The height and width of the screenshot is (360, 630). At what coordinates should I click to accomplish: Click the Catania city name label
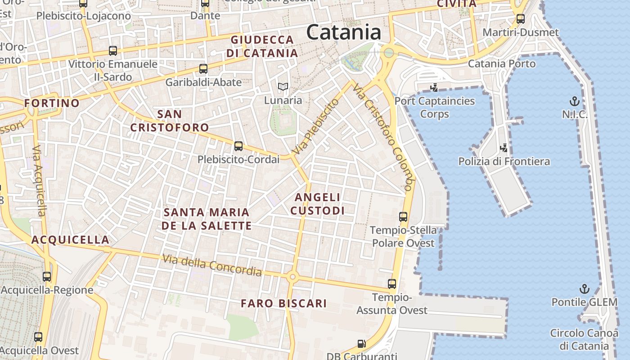click(344, 32)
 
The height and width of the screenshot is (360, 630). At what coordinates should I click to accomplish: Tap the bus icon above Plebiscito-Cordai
click(238, 146)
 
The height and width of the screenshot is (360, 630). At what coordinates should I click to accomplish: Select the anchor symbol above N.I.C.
click(574, 101)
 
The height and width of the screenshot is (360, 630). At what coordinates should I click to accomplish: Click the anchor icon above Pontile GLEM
click(584, 288)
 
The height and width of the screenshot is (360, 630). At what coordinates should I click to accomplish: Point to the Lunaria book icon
click(283, 86)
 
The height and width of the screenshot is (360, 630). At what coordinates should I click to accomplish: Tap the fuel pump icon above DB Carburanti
click(361, 344)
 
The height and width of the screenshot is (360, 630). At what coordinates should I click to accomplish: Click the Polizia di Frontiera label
click(504, 161)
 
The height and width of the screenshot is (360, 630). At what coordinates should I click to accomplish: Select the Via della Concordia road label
click(212, 265)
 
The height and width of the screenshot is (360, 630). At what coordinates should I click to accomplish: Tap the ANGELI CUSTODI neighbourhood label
click(318, 204)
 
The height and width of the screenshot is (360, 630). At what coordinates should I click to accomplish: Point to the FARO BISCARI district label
click(283, 303)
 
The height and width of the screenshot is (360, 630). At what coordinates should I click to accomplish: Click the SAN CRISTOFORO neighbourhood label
click(170, 121)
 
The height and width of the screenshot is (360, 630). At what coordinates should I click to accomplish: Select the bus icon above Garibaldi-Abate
click(203, 69)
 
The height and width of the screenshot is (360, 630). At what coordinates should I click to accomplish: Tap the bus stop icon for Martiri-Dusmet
click(521, 19)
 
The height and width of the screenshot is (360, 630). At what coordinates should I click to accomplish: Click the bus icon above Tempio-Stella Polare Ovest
click(403, 217)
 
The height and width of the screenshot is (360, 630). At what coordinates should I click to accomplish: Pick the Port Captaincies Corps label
click(435, 107)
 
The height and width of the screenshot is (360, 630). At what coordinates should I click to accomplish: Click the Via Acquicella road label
click(40, 180)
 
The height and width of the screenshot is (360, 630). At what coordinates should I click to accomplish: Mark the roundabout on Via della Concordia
click(292, 277)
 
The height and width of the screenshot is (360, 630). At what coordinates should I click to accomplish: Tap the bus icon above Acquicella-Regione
click(47, 276)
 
